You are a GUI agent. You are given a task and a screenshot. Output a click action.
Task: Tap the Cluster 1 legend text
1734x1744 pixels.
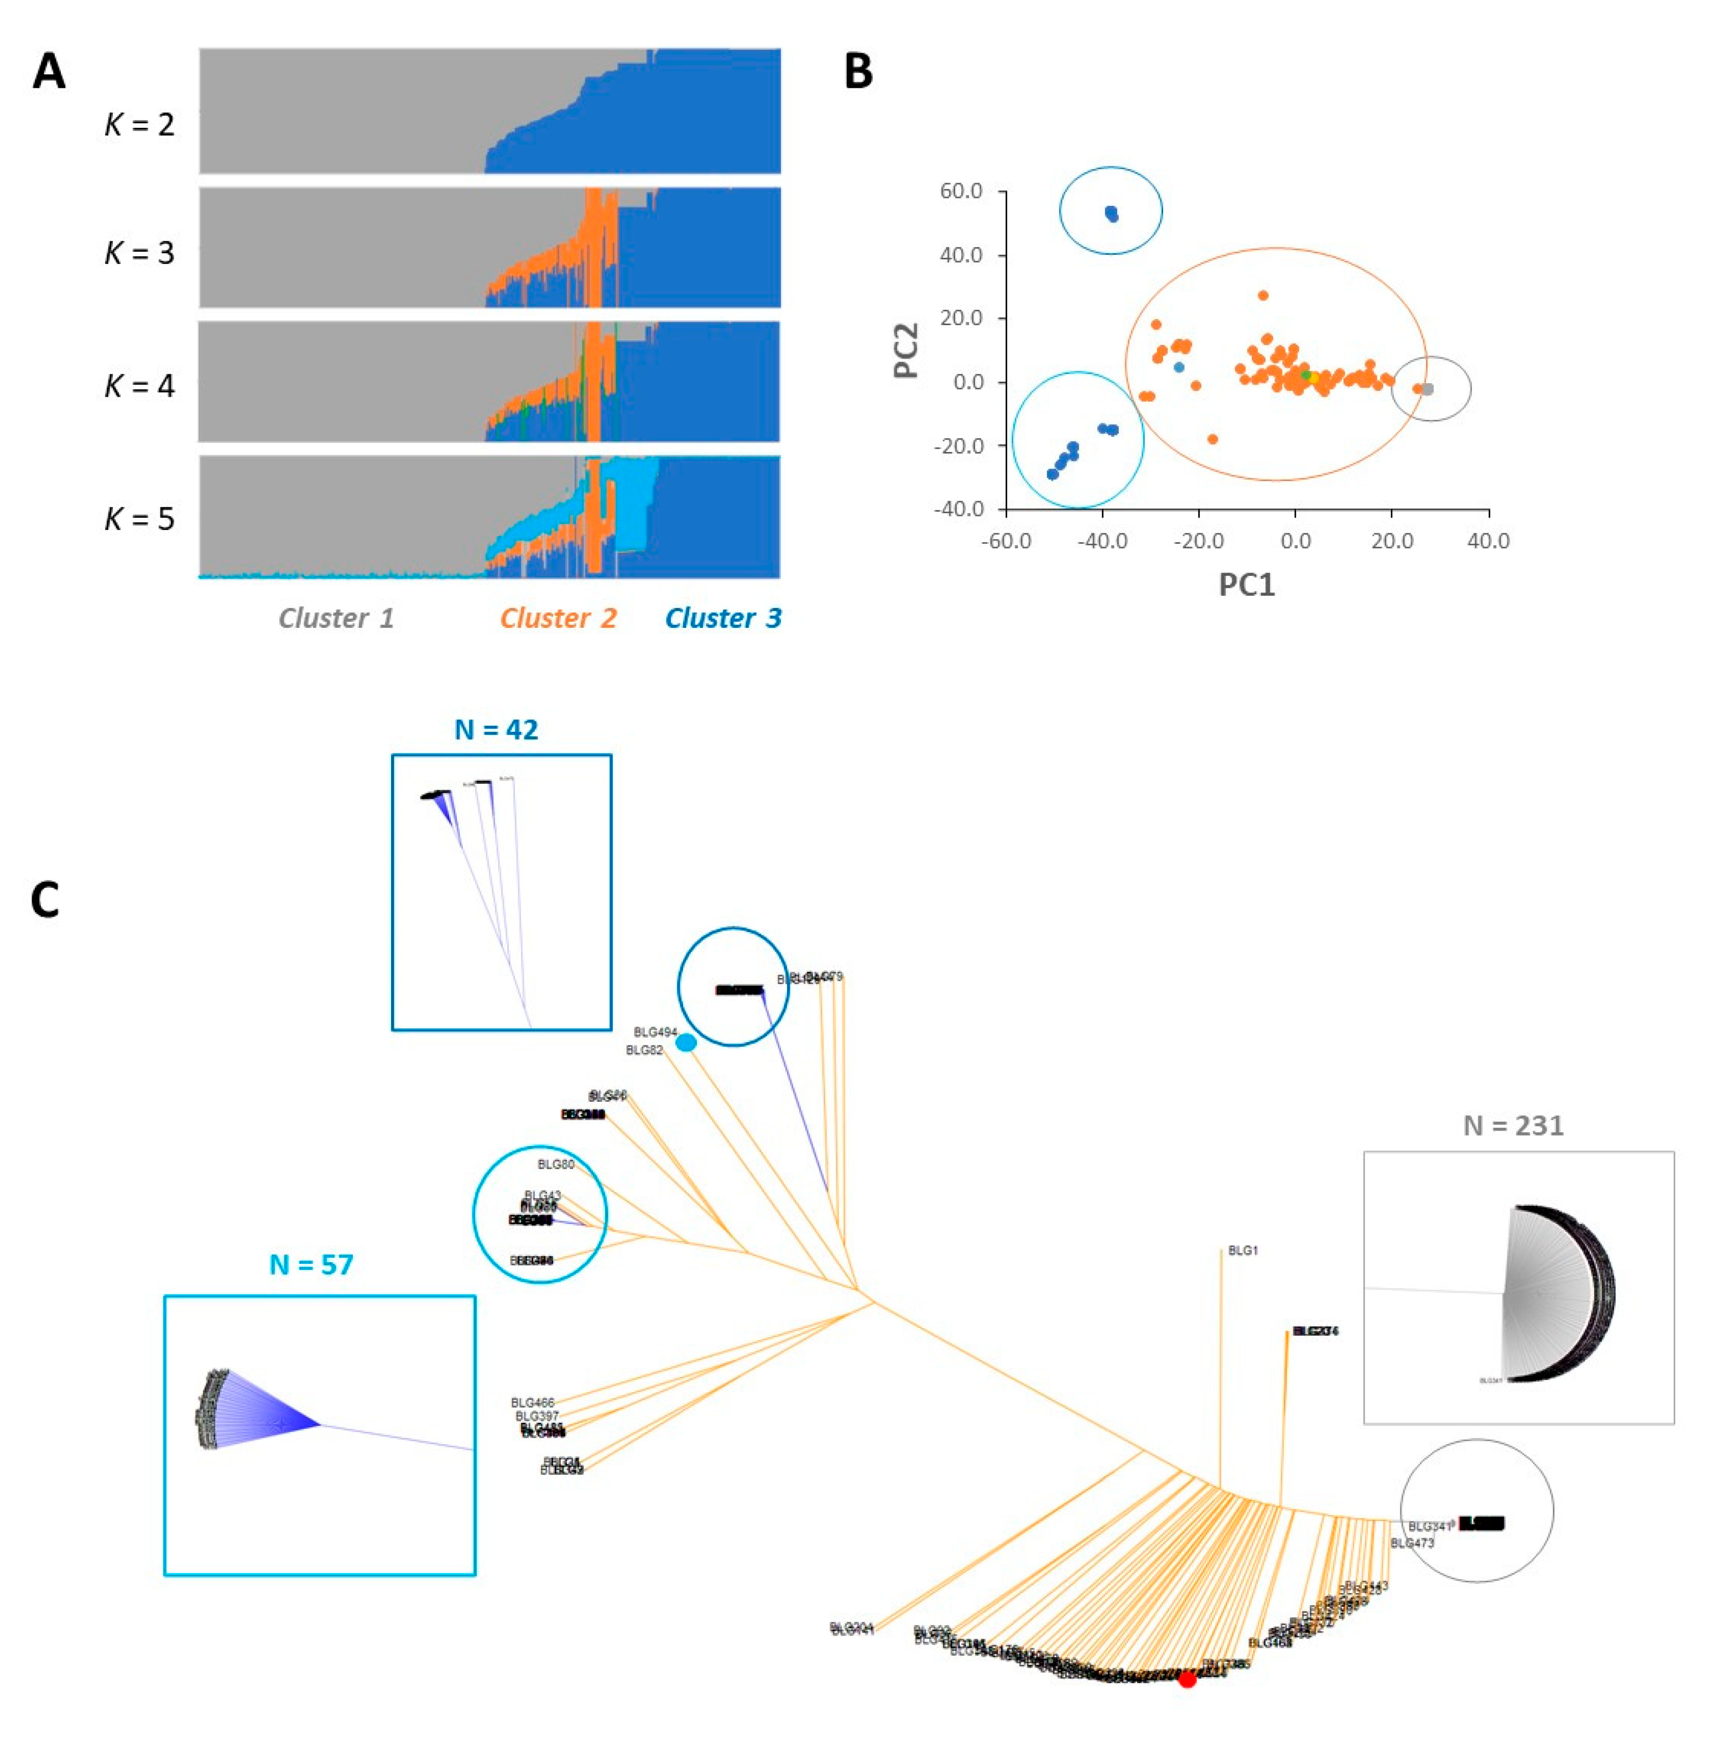pyautogui.click(x=336, y=618)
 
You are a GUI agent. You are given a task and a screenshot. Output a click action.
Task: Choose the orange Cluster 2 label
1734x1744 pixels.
pyautogui.click(x=558, y=618)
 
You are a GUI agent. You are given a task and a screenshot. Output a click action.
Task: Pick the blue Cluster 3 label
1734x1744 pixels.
pyautogui.click(x=722, y=618)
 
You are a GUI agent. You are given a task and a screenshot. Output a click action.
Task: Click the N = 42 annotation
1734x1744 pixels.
pyautogui.click(x=497, y=730)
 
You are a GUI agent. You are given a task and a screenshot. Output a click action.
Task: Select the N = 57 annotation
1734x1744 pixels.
pyautogui.click(x=311, y=1264)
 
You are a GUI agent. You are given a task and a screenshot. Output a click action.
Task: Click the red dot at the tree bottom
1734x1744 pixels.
pyautogui.click(x=1187, y=1679)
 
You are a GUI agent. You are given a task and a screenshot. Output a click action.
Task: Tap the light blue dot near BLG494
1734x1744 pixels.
pyautogui.click(x=686, y=1043)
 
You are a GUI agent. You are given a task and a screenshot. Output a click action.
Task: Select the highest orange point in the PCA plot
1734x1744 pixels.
pyautogui.click(x=1263, y=295)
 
